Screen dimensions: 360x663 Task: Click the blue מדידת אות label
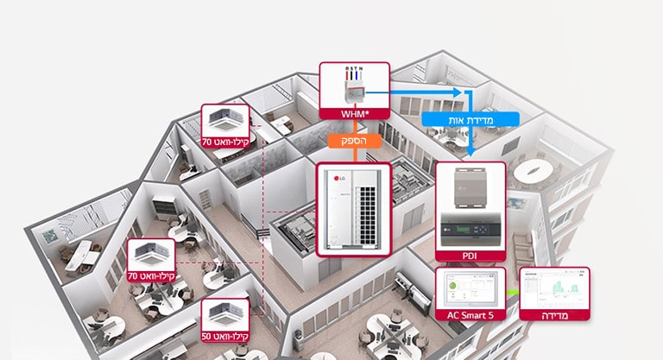tap(471, 120)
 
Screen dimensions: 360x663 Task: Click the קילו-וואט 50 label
tap(226, 335)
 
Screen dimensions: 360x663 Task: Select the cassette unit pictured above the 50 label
tap(226, 313)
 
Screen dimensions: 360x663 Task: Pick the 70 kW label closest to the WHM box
tap(226, 141)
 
